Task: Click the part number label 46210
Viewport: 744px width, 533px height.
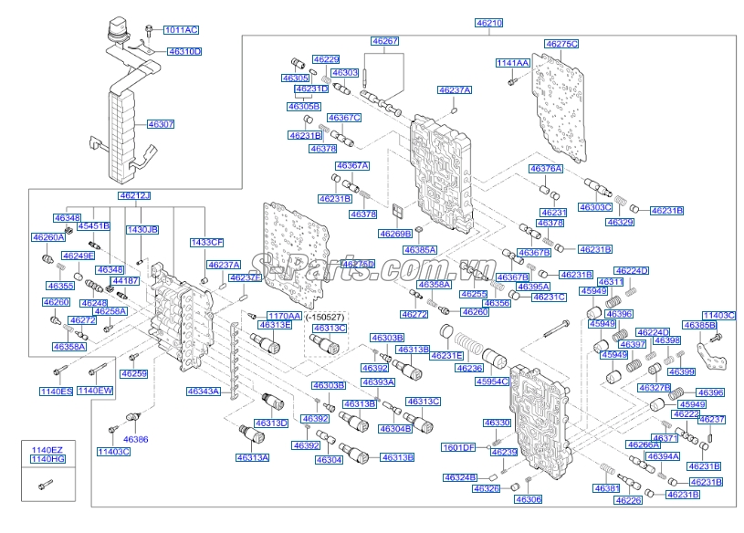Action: coord(488,22)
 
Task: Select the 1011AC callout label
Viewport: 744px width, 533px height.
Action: coord(181,30)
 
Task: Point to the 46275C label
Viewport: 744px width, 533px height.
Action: coord(561,43)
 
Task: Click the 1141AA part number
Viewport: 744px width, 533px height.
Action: coord(512,63)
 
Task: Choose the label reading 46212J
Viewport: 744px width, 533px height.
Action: coord(134,195)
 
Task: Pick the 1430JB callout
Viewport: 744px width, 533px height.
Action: coord(141,229)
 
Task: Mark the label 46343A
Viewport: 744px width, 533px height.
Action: coord(204,391)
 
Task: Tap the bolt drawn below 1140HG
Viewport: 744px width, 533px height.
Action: coord(42,484)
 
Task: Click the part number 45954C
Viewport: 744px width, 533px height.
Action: coord(517,381)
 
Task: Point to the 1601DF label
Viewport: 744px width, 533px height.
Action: coord(459,447)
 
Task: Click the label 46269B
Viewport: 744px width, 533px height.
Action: coord(395,234)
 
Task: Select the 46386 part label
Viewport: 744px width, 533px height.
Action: coord(135,439)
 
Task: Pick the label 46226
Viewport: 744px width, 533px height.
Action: coord(629,500)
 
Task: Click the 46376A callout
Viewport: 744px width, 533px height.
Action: coord(546,169)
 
